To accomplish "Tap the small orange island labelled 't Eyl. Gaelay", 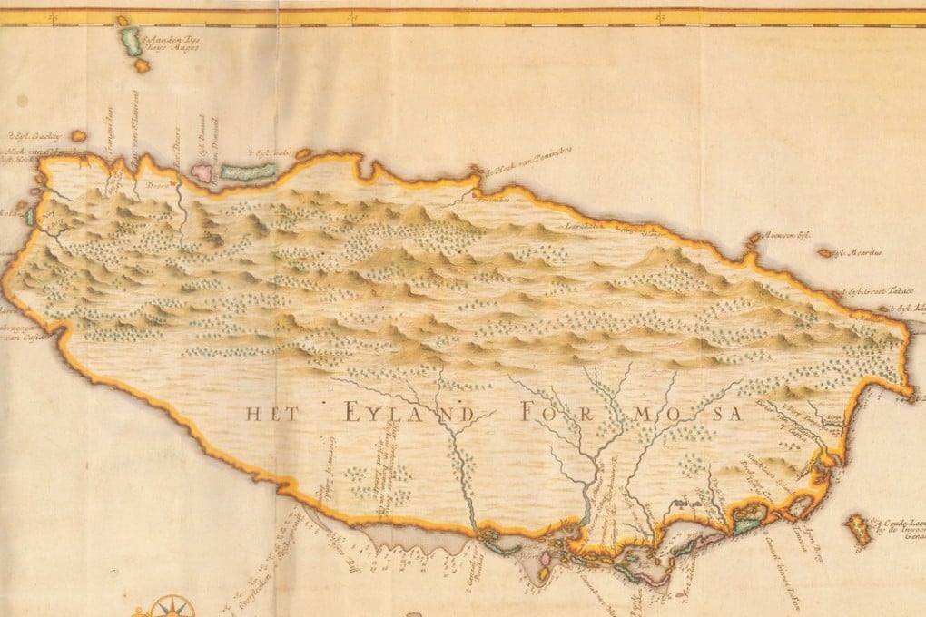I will coord(79,136).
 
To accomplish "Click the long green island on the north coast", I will coord(247,171).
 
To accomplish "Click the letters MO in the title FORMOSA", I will coord(645,414).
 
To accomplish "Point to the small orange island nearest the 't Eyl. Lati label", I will coord(303,154).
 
